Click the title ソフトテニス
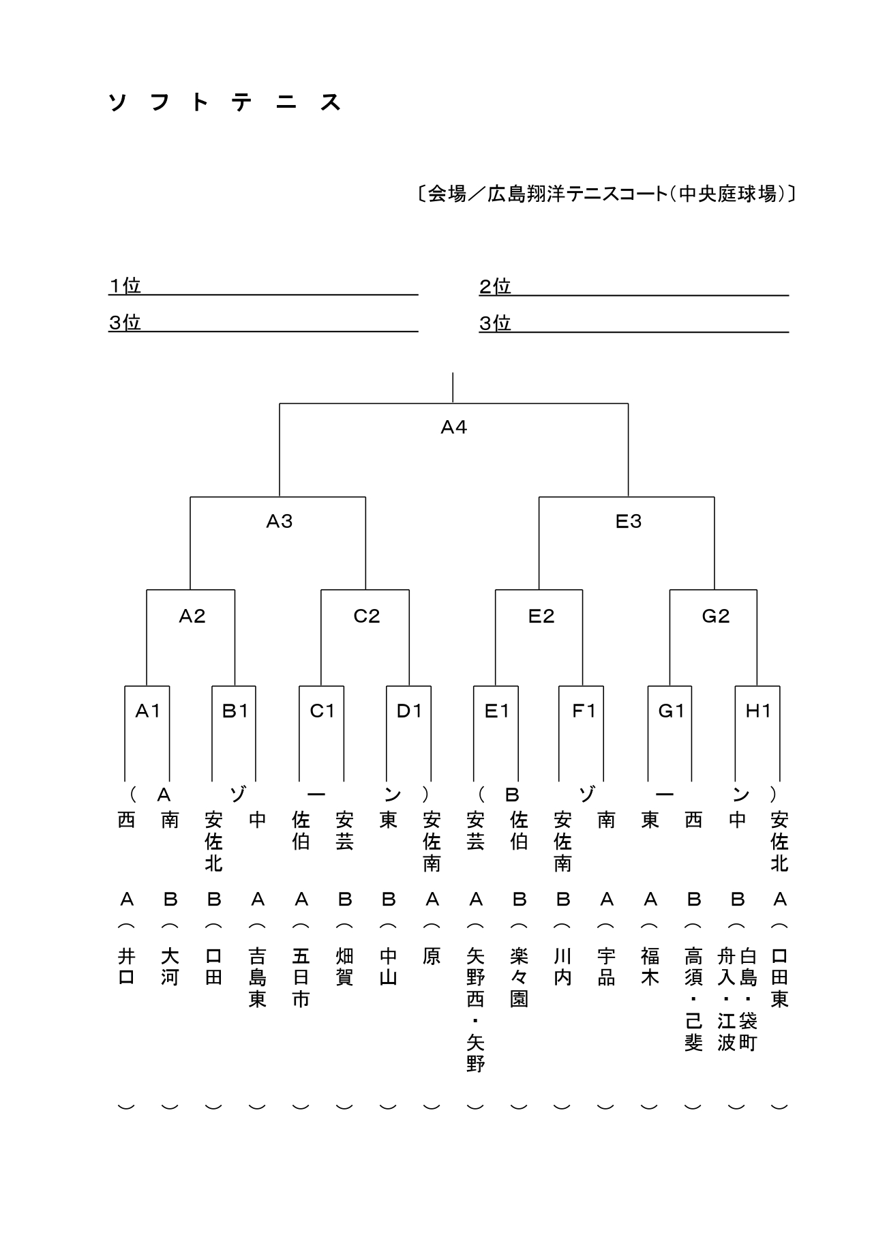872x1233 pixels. (x=225, y=102)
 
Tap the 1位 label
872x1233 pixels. (x=125, y=286)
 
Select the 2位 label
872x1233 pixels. (x=495, y=286)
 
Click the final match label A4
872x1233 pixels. (x=453, y=428)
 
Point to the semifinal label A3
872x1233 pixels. (x=279, y=522)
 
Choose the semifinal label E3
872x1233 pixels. (x=628, y=522)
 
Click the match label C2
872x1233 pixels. (x=366, y=616)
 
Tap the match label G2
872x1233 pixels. (x=715, y=616)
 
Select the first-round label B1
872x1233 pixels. (x=235, y=711)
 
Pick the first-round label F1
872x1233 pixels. (x=584, y=711)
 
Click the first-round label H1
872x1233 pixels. (x=758, y=711)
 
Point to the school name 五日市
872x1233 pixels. (x=301, y=978)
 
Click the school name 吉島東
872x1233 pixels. (x=257, y=978)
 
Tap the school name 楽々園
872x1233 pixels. (x=519, y=978)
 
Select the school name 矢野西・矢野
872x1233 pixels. (x=475, y=1010)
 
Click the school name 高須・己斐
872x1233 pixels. (x=693, y=1000)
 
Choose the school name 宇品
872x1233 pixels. (x=606, y=967)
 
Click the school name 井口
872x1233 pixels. (x=126, y=967)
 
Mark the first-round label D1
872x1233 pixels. (x=409, y=711)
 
